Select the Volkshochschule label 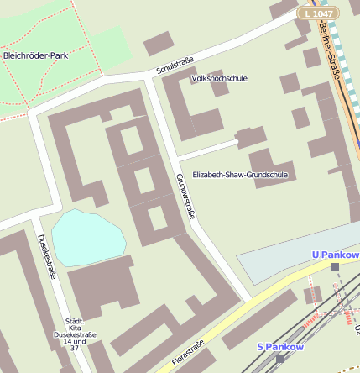pos(220,78)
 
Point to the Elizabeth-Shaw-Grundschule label pos(240,175)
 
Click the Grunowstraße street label pos(185,197)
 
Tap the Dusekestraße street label pos(46,255)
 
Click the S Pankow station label pos(279,346)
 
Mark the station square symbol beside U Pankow pos(335,266)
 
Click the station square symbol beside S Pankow pos(280,359)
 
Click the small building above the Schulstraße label pos(158,43)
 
